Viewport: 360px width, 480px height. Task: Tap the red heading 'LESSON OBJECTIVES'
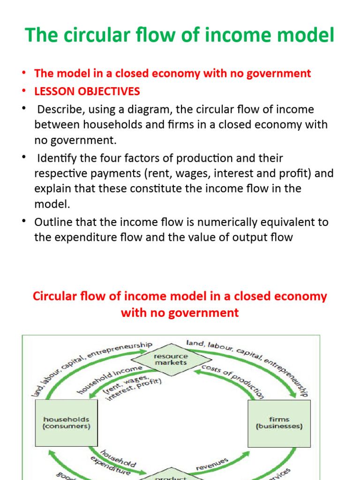[87, 91]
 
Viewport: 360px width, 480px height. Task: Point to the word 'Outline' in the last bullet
[53, 222]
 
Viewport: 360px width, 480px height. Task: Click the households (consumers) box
[67, 423]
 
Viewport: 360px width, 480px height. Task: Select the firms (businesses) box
[279, 423]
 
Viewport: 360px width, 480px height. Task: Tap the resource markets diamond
[171, 360]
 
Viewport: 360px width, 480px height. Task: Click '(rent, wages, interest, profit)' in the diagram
[133, 387]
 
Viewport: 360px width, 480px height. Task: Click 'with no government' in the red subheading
[180, 313]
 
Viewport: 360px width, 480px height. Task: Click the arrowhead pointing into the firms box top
[294, 395]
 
